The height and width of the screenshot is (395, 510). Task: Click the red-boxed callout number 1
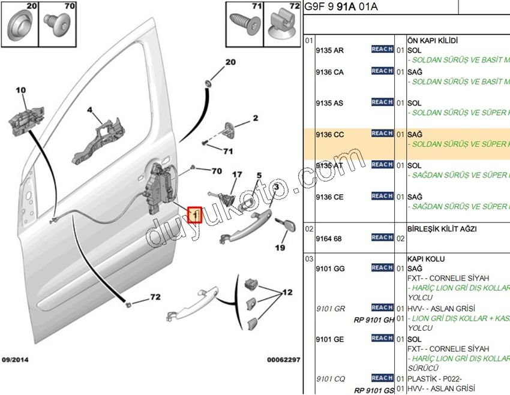(195, 214)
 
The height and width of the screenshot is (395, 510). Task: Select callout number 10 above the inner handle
(21, 91)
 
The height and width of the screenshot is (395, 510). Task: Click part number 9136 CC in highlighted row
(329, 134)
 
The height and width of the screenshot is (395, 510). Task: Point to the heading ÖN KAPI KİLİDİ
(433, 40)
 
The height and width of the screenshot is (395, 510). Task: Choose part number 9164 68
(329, 239)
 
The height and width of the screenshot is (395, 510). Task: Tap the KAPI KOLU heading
(426, 259)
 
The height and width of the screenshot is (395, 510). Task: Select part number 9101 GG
(330, 269)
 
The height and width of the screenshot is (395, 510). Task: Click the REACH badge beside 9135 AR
(382, 49)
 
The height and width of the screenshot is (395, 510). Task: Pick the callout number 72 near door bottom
(155, 297)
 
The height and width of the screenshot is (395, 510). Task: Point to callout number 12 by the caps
(287, 292)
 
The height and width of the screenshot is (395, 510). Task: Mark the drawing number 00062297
(283, 360)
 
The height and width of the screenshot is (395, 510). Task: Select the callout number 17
(237, 175)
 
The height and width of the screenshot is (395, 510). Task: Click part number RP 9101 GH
(374, 320)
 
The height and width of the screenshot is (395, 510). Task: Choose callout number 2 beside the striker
(254, 118)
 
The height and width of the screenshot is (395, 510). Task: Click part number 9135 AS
(329, 103)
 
